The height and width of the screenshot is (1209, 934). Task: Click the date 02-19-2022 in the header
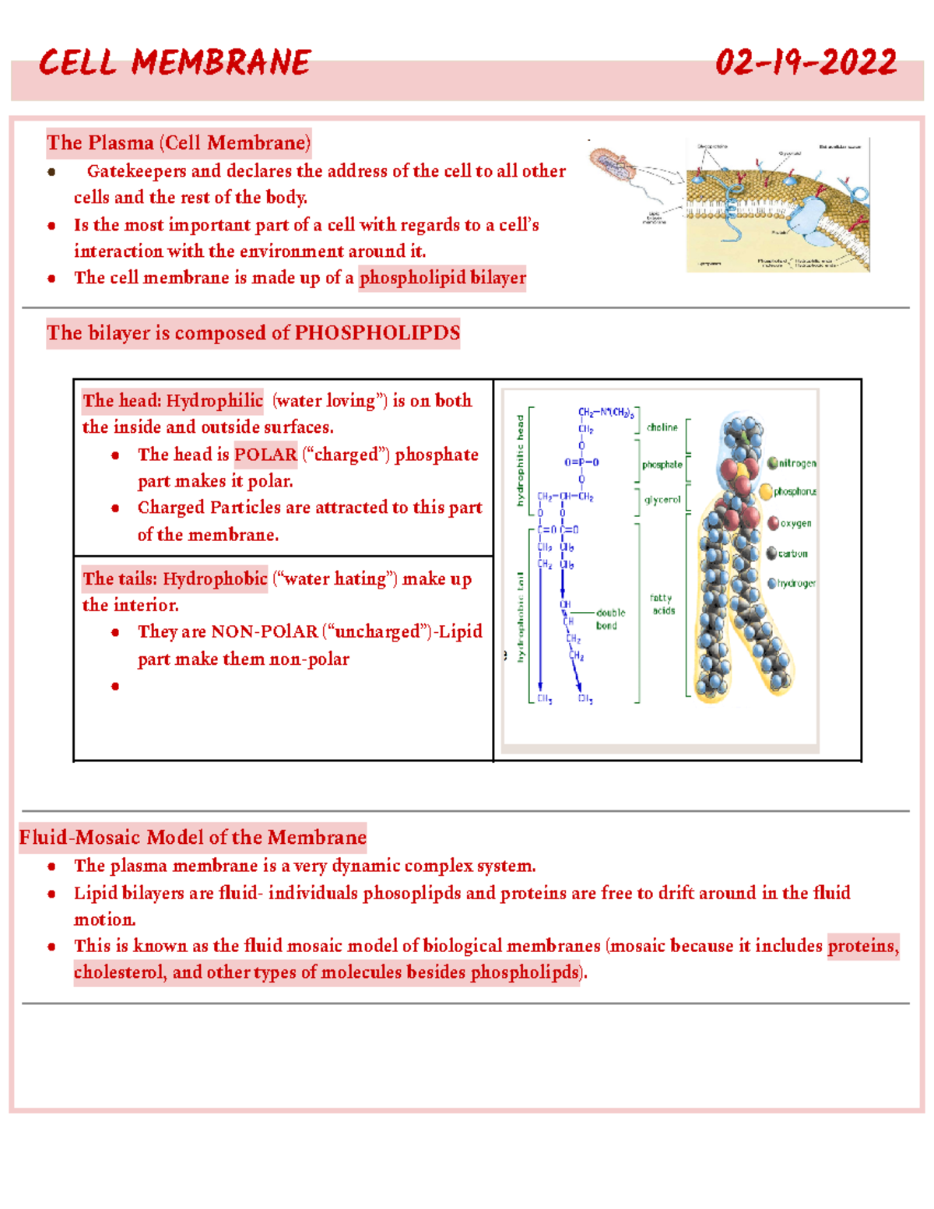coord(806,63)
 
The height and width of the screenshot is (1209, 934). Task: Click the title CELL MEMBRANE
coord(174,63)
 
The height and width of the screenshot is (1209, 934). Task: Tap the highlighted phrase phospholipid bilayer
coord(442,278)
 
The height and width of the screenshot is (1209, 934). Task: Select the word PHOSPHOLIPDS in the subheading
coord(377,333)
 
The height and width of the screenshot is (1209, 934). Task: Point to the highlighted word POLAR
coord(265,455)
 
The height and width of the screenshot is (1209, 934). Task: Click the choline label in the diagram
coord(662,427)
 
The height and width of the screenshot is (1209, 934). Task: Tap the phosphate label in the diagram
coord(662,465)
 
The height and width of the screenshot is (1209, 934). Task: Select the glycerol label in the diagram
coord(662,500)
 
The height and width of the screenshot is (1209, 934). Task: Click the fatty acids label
coord(663,604)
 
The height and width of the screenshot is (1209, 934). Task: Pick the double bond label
coord(609,619)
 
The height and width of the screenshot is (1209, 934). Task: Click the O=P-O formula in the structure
coord(581,462)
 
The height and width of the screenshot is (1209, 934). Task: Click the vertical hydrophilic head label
coord(521,460)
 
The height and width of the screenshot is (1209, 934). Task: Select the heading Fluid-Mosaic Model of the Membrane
coord(192,838)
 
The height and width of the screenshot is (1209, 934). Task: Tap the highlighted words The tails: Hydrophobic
coord(174,579)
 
